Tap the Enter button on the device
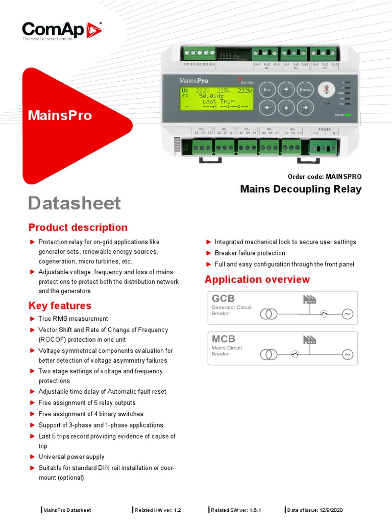(305, 90)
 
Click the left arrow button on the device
(267, 108)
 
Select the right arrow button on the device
(305, 108)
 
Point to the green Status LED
(348, 114)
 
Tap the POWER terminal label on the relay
(325, 130)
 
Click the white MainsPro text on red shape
(60, 115)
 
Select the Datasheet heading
(75, 203)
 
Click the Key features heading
(60, 305)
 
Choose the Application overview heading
(257, 279)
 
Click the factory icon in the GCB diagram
(309, 299)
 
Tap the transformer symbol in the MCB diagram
(268, 354)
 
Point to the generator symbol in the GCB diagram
(347, 314)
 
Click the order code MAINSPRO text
(325, 177)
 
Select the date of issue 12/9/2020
(315, 510)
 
